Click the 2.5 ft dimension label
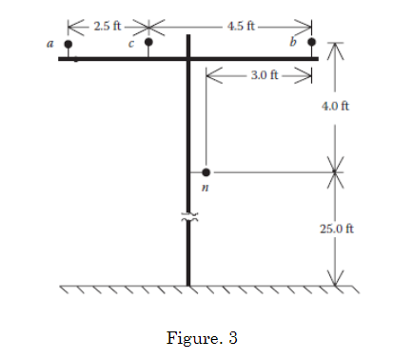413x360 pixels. [104, 26]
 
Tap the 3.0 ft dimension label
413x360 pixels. [265, 74]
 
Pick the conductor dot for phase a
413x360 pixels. [69, 44]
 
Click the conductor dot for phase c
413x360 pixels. [148, 43]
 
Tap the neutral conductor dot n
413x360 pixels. [206, 173]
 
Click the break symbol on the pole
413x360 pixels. [188, 219]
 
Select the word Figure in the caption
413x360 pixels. [184, 338]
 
